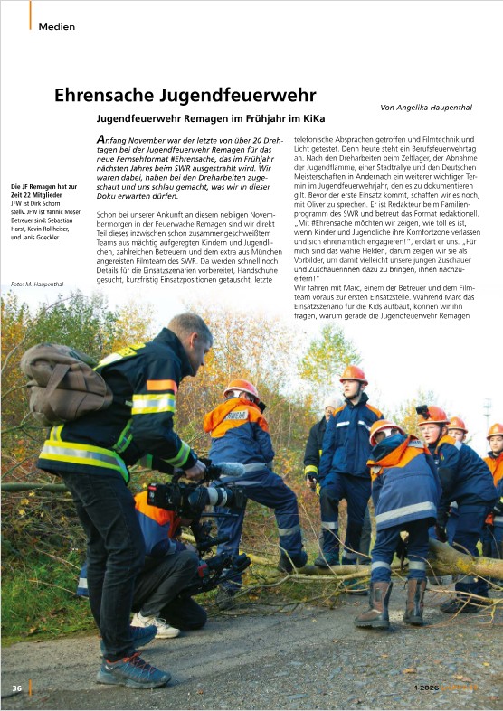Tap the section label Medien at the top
coord(56,26)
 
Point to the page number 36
coord(16,688)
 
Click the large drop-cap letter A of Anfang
coord(101,141)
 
